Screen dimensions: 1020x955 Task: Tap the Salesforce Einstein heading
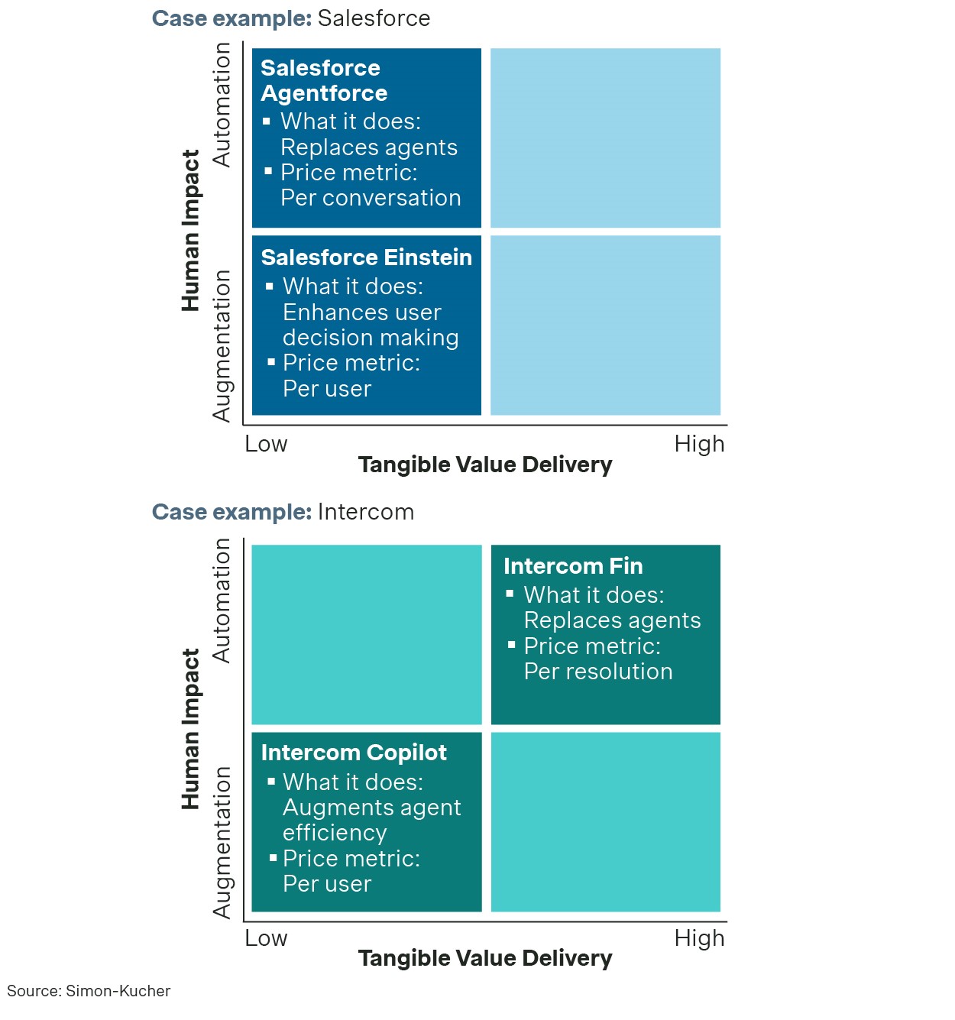pos(366,257)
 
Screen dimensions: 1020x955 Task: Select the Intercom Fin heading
pos(573,566)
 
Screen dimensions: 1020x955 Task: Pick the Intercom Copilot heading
pos(354,753)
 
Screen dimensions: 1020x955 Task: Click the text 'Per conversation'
pos(371,198)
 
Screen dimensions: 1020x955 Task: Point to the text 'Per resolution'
pos(598,672)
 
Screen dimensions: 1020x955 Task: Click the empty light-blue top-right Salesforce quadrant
pos(605,138)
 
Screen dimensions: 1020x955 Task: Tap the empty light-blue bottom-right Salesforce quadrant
pos(605,325)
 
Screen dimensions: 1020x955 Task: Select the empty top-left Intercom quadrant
pos(367,634)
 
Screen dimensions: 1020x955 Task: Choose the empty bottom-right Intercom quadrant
pos(605,821)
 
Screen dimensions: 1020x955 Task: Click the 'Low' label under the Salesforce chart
pos(266,444)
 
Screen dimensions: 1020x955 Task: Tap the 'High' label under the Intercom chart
pos(699,938)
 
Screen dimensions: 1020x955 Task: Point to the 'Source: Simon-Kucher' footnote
pos(89,991)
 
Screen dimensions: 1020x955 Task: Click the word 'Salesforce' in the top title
pos(374,18)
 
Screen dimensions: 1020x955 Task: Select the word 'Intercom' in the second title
pos(366,512)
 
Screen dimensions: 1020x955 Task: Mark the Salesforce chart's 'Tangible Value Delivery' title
pos(485,465)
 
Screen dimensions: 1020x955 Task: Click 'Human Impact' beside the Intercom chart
pos(190,729)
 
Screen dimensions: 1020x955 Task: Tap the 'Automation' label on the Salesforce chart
pos(222,105)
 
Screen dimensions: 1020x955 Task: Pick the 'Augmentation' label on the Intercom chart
pos(222,842)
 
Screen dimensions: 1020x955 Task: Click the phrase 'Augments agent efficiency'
pos(371,820)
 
